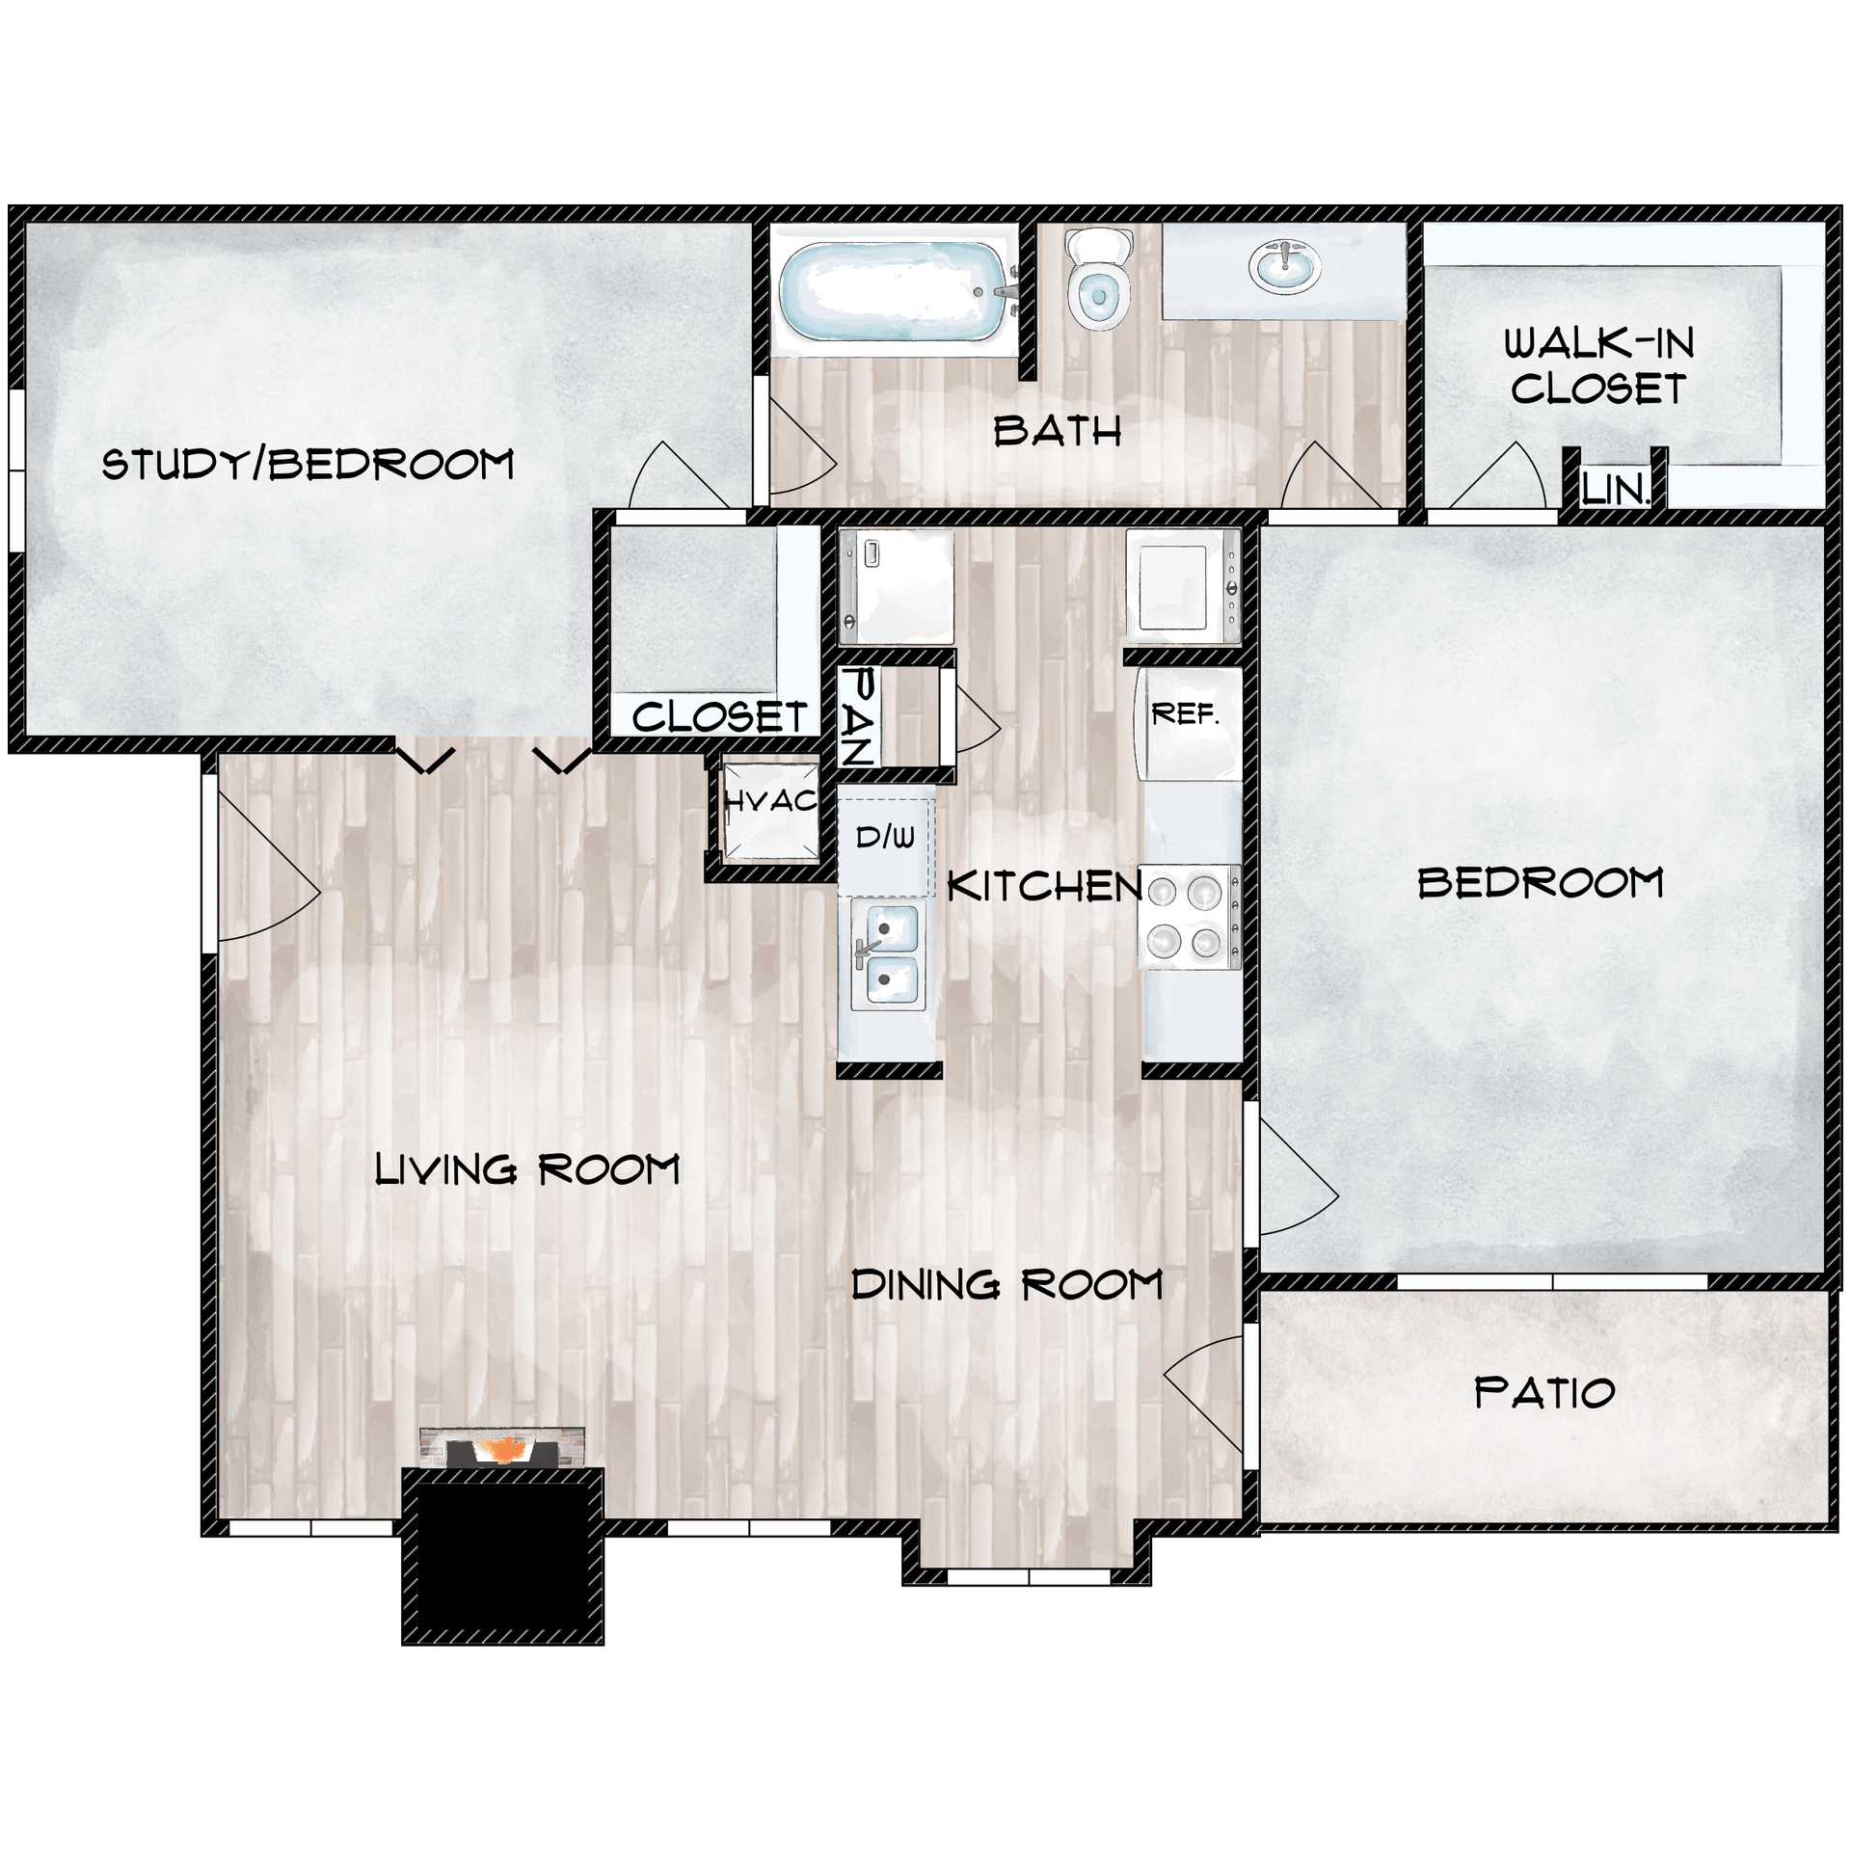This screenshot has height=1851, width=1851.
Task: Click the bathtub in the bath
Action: (894, 290)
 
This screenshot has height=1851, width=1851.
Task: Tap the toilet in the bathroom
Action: (1098, 280)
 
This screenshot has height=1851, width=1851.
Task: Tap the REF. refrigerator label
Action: (1185, 714)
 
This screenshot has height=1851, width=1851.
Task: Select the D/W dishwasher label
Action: (885, 837)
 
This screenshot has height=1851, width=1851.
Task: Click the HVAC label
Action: (770, 800)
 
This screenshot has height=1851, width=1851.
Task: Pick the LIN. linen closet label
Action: (1616, 491)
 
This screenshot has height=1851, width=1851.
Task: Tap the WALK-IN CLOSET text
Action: (1598, 366)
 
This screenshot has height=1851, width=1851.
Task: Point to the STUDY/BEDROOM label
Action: (308, 465)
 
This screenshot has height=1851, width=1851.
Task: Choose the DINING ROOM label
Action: (1007, 1285)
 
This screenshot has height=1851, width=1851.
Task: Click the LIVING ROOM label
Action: (527, 1170)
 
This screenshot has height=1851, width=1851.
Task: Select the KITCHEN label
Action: (1045, 886)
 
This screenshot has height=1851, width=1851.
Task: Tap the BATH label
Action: (1058, 431)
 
